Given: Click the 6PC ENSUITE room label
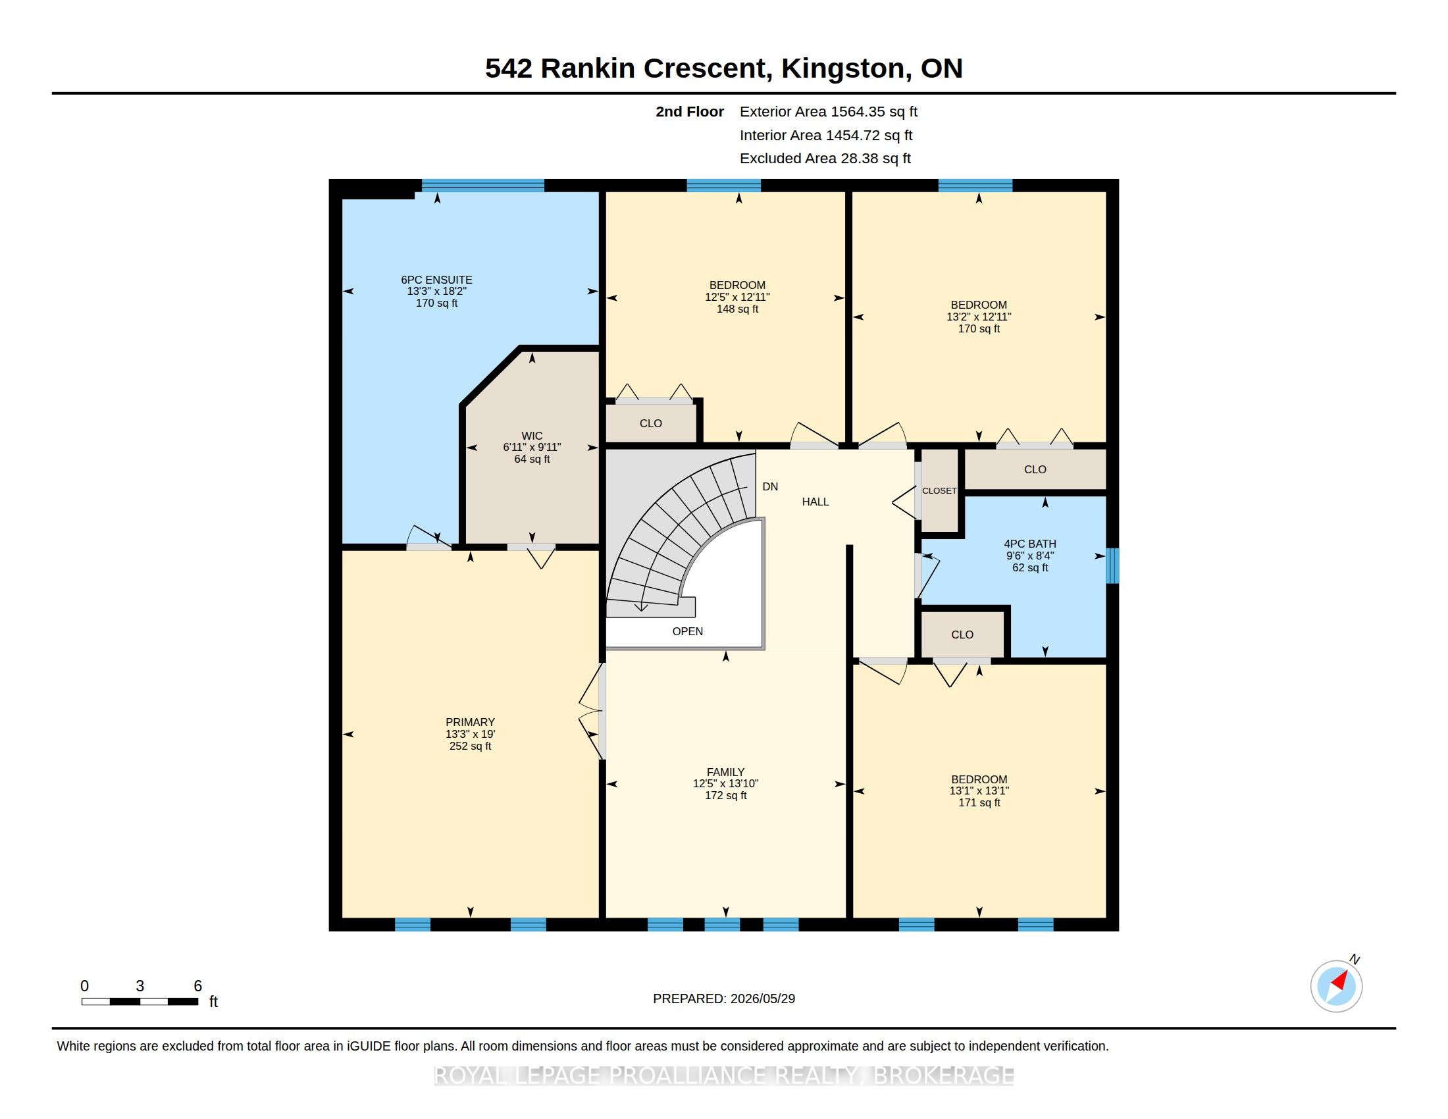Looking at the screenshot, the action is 436,280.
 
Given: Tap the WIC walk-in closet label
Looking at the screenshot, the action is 532,436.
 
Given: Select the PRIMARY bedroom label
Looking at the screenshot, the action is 470,722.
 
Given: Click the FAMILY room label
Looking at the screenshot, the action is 725,771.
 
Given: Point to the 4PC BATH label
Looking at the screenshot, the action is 1029,544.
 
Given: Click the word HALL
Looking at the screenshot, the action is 815,502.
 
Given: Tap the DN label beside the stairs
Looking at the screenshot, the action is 770,486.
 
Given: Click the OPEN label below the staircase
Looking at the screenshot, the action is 688,631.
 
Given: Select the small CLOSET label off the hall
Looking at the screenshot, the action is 939,490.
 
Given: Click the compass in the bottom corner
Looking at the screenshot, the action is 1336,986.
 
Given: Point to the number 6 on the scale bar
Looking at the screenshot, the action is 197,986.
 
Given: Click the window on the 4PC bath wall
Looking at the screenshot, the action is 1112,565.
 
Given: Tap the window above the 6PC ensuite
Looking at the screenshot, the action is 482,186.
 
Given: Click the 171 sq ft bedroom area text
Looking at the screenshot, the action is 979,803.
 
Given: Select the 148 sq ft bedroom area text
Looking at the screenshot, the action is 737,309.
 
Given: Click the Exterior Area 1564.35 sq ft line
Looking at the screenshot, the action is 828,111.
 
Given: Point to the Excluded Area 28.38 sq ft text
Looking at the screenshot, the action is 825,159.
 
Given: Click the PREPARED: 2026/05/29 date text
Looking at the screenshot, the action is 723,999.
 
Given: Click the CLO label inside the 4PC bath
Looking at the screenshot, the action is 962,635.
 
